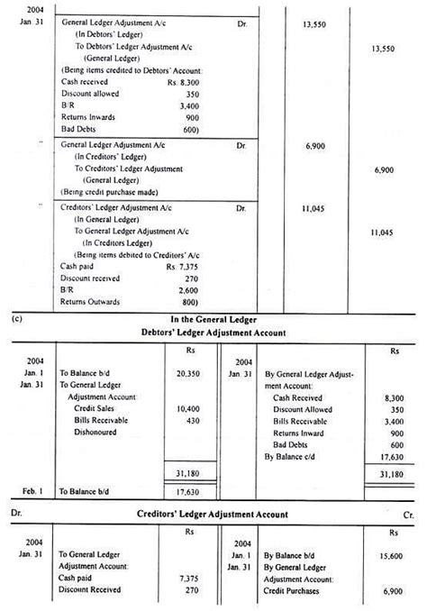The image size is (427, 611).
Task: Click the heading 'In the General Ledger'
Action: (x=214, y=320)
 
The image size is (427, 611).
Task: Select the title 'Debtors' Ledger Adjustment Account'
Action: (x=214, y=333)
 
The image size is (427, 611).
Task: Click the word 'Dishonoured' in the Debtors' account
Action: (x=97, y=433)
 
